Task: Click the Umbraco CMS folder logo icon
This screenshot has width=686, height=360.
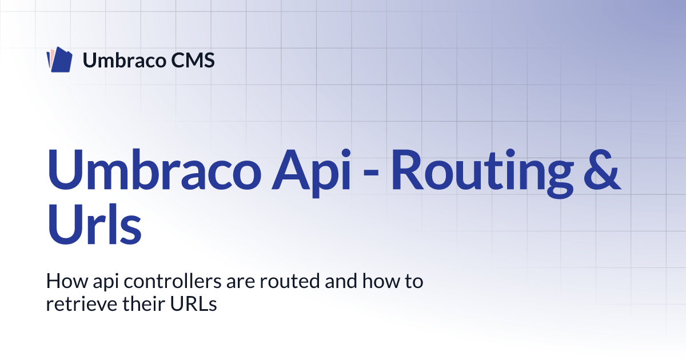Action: coord(59,59)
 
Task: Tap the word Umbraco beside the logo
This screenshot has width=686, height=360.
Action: coord(125,60)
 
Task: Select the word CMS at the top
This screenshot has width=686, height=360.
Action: coord(193,60)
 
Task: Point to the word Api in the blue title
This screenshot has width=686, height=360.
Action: coord(311,174)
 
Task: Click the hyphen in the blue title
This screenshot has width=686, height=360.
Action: coord(371,173)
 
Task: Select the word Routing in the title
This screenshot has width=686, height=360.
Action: coord(482,174)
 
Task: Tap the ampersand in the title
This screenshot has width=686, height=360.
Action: coord(602,170)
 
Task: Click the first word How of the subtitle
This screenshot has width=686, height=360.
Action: coord(67,281)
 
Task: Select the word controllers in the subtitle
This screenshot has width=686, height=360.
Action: coord(173,281)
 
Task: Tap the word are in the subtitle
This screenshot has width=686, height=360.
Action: coord(241,283)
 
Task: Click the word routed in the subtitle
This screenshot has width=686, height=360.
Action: coord(290,281)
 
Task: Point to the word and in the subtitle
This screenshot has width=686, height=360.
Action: coord(341,281)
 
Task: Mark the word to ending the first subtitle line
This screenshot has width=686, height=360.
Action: coord(414,282)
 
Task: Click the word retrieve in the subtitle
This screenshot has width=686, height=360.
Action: coord(82,304)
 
